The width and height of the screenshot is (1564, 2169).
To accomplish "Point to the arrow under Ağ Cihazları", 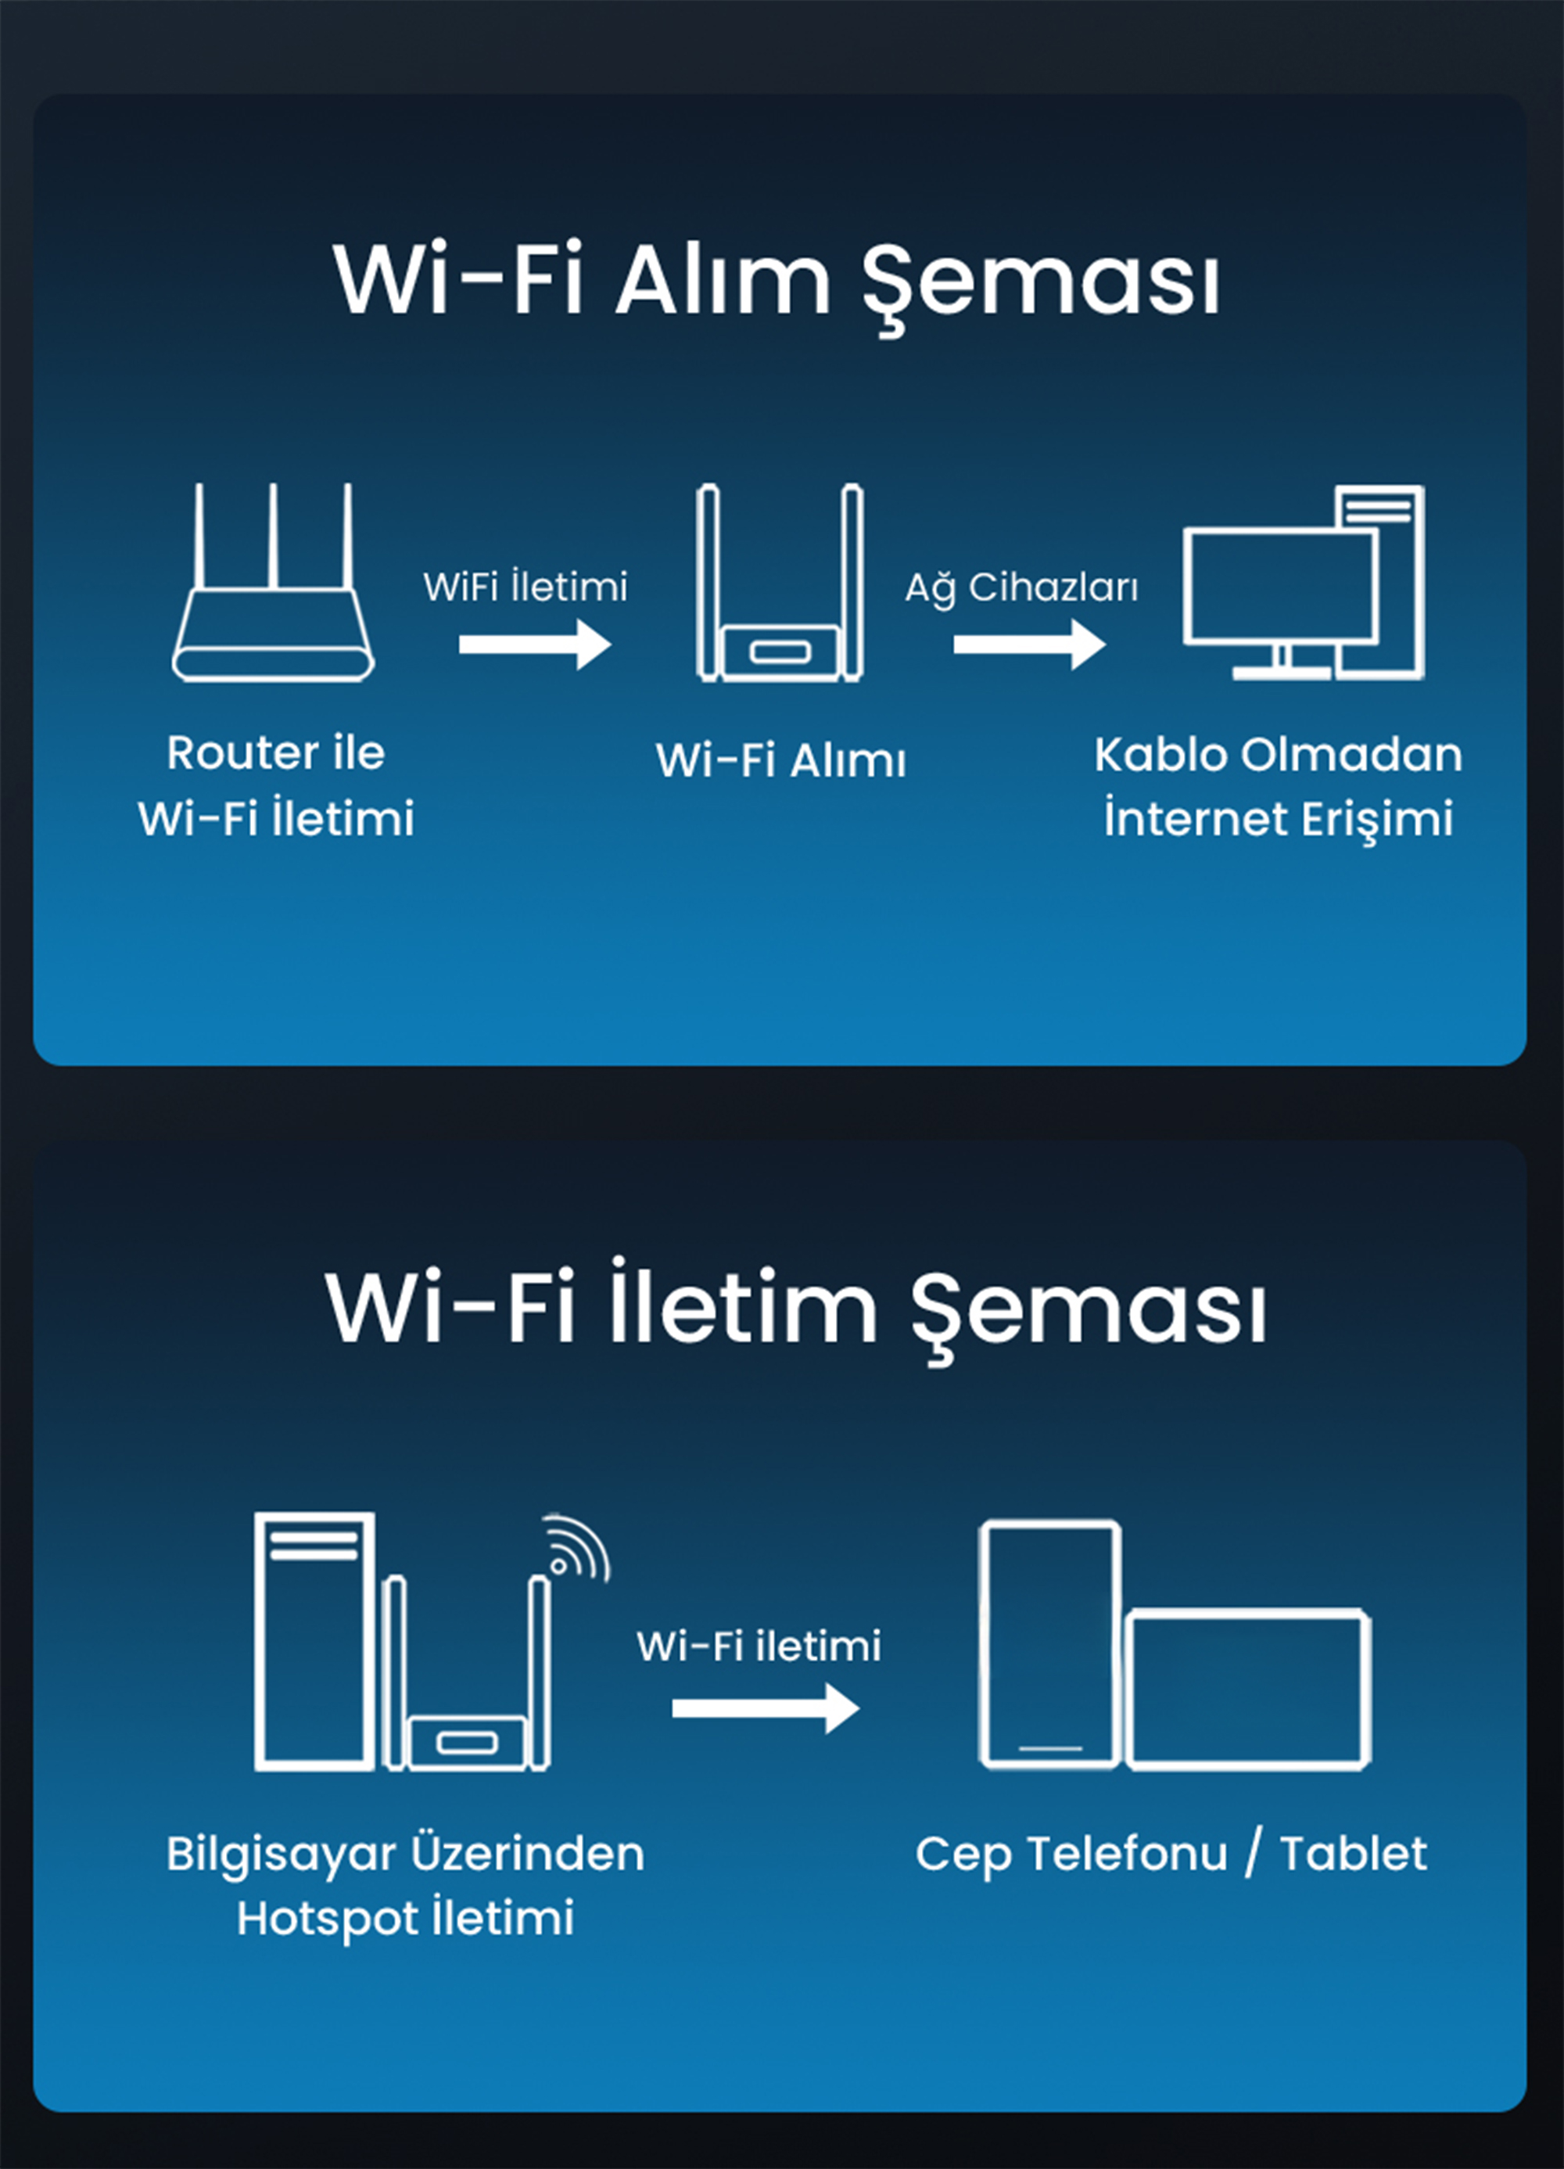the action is (1030, 644).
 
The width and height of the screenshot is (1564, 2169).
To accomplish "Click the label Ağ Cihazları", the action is (1022, 588).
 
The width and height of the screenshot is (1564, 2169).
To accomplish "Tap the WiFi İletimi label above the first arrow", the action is (526, 585).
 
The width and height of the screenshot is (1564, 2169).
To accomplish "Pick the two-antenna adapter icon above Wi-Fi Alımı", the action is (780, 583).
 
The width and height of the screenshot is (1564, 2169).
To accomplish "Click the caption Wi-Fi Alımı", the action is (781, 761).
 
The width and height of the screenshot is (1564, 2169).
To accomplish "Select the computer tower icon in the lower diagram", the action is (314, 1641).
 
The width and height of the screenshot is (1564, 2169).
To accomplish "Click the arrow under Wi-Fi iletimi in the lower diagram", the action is (766, 1709).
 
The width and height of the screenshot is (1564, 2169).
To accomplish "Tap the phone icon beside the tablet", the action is (1049, 1644).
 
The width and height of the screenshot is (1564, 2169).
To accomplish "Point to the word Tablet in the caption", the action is (1354, 1855).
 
